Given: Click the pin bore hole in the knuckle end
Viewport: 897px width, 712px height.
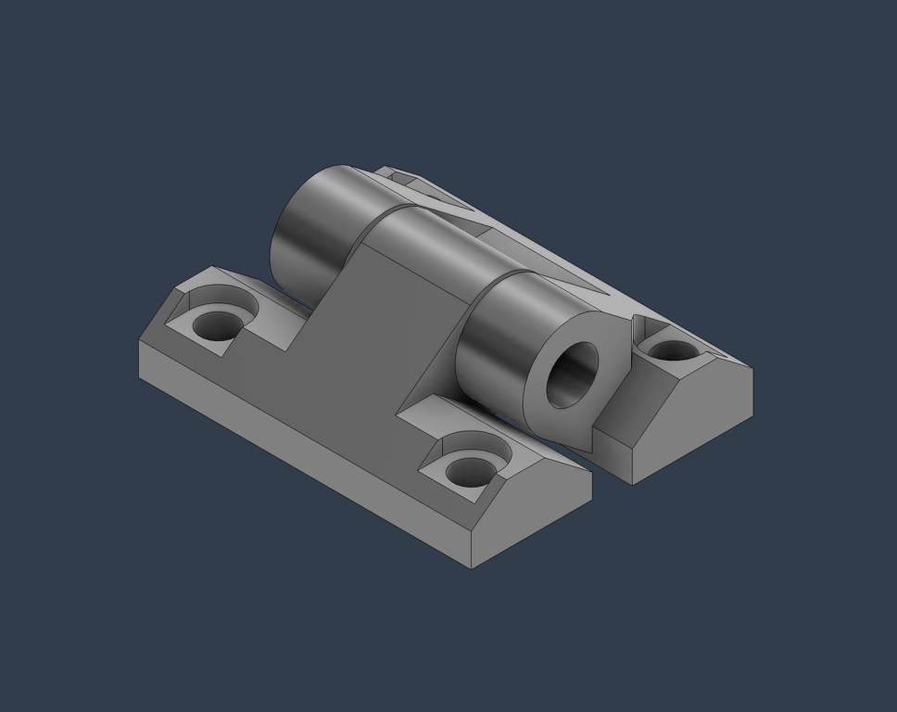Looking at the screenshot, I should pyautogui.click(x=572, y=375).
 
